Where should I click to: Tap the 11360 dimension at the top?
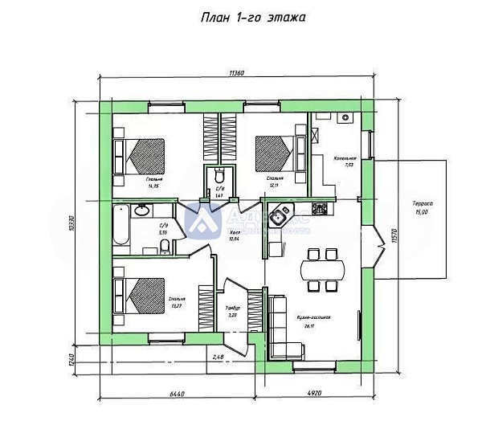point(236,72)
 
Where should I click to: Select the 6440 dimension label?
point(178,394)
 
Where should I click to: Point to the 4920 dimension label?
point(312,394)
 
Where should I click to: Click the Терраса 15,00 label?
point(423,208)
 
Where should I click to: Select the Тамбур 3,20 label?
point(233,311)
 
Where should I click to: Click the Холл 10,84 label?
point(235,235)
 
